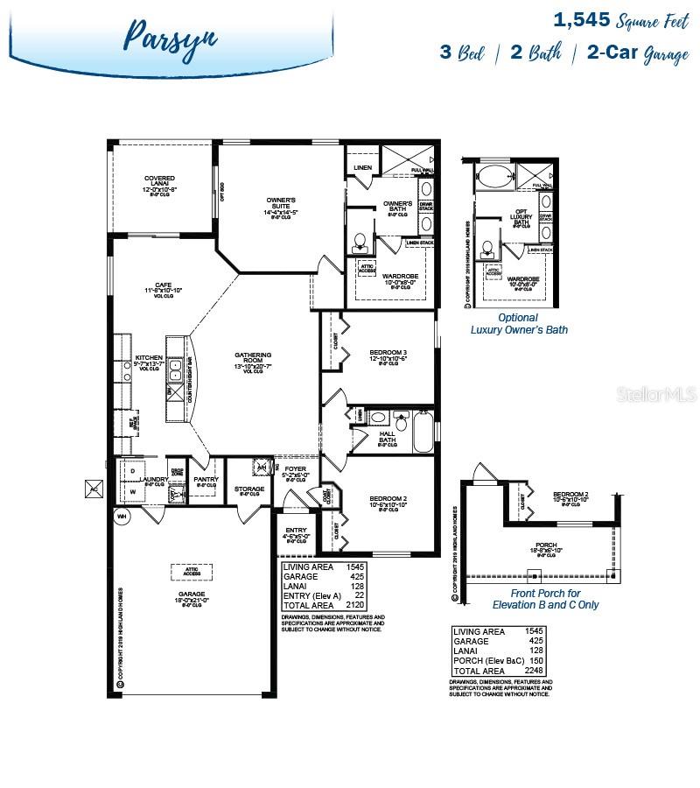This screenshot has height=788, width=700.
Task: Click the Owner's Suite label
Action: (x=281, y=205)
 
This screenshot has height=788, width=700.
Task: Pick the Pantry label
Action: (x=206, y=480)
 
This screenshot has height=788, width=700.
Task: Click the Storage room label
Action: (x=249, y=489)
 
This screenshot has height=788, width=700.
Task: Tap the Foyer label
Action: (x=296, y=472)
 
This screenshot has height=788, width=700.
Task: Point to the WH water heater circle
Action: (x=122, y=516)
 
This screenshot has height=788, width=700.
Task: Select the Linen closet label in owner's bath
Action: (x=363, y=167)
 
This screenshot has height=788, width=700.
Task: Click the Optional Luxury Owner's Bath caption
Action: (x=519, y=324)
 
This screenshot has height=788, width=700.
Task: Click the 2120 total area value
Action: (x=354, y=604)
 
